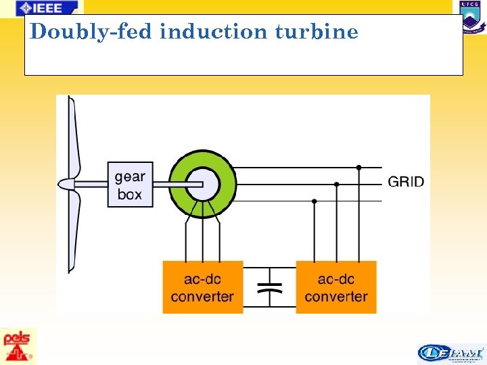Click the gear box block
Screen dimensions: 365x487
coord(129,185)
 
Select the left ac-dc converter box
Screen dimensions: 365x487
coord(202,287)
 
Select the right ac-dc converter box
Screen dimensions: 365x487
coord(335,287)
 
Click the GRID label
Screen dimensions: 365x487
coord(406,181)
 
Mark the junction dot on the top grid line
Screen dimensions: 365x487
coord(358,167)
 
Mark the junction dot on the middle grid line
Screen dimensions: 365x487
coord(336,184)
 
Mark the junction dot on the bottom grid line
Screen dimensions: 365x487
coord(314,201)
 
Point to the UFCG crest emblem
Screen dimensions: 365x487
coord(472,17)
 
